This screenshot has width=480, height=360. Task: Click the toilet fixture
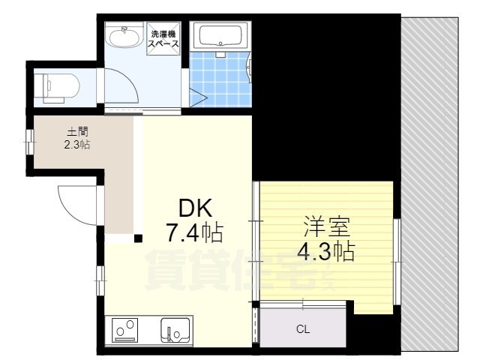[x=57, y=86]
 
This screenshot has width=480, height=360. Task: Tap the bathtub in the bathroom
[x=220, y=35]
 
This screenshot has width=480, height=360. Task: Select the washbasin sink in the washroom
[x=124, y=36]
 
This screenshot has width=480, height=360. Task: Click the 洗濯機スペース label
[x=163, y=38]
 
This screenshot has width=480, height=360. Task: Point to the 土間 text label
[x=77, y=132]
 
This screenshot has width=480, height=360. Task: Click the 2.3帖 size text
[x=76, y=144]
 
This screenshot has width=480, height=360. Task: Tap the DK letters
[x=195, y=208]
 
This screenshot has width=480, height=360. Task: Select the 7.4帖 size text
[x=194, y=232]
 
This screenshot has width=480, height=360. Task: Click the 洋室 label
[x=326, y=226]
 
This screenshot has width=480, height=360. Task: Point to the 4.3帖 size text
[x=326, y=252]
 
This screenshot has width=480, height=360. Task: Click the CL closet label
[x=303, y=329]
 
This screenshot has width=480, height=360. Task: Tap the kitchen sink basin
[x=175, y=331]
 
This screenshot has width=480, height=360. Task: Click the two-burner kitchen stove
[x=124, y=330]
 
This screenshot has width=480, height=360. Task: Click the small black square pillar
[x=138, y=238]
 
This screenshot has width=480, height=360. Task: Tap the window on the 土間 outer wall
[x=30, y=142]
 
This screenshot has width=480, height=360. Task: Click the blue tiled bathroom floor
[x=220, y=79]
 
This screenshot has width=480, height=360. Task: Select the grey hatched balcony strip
[x=430, y=183]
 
